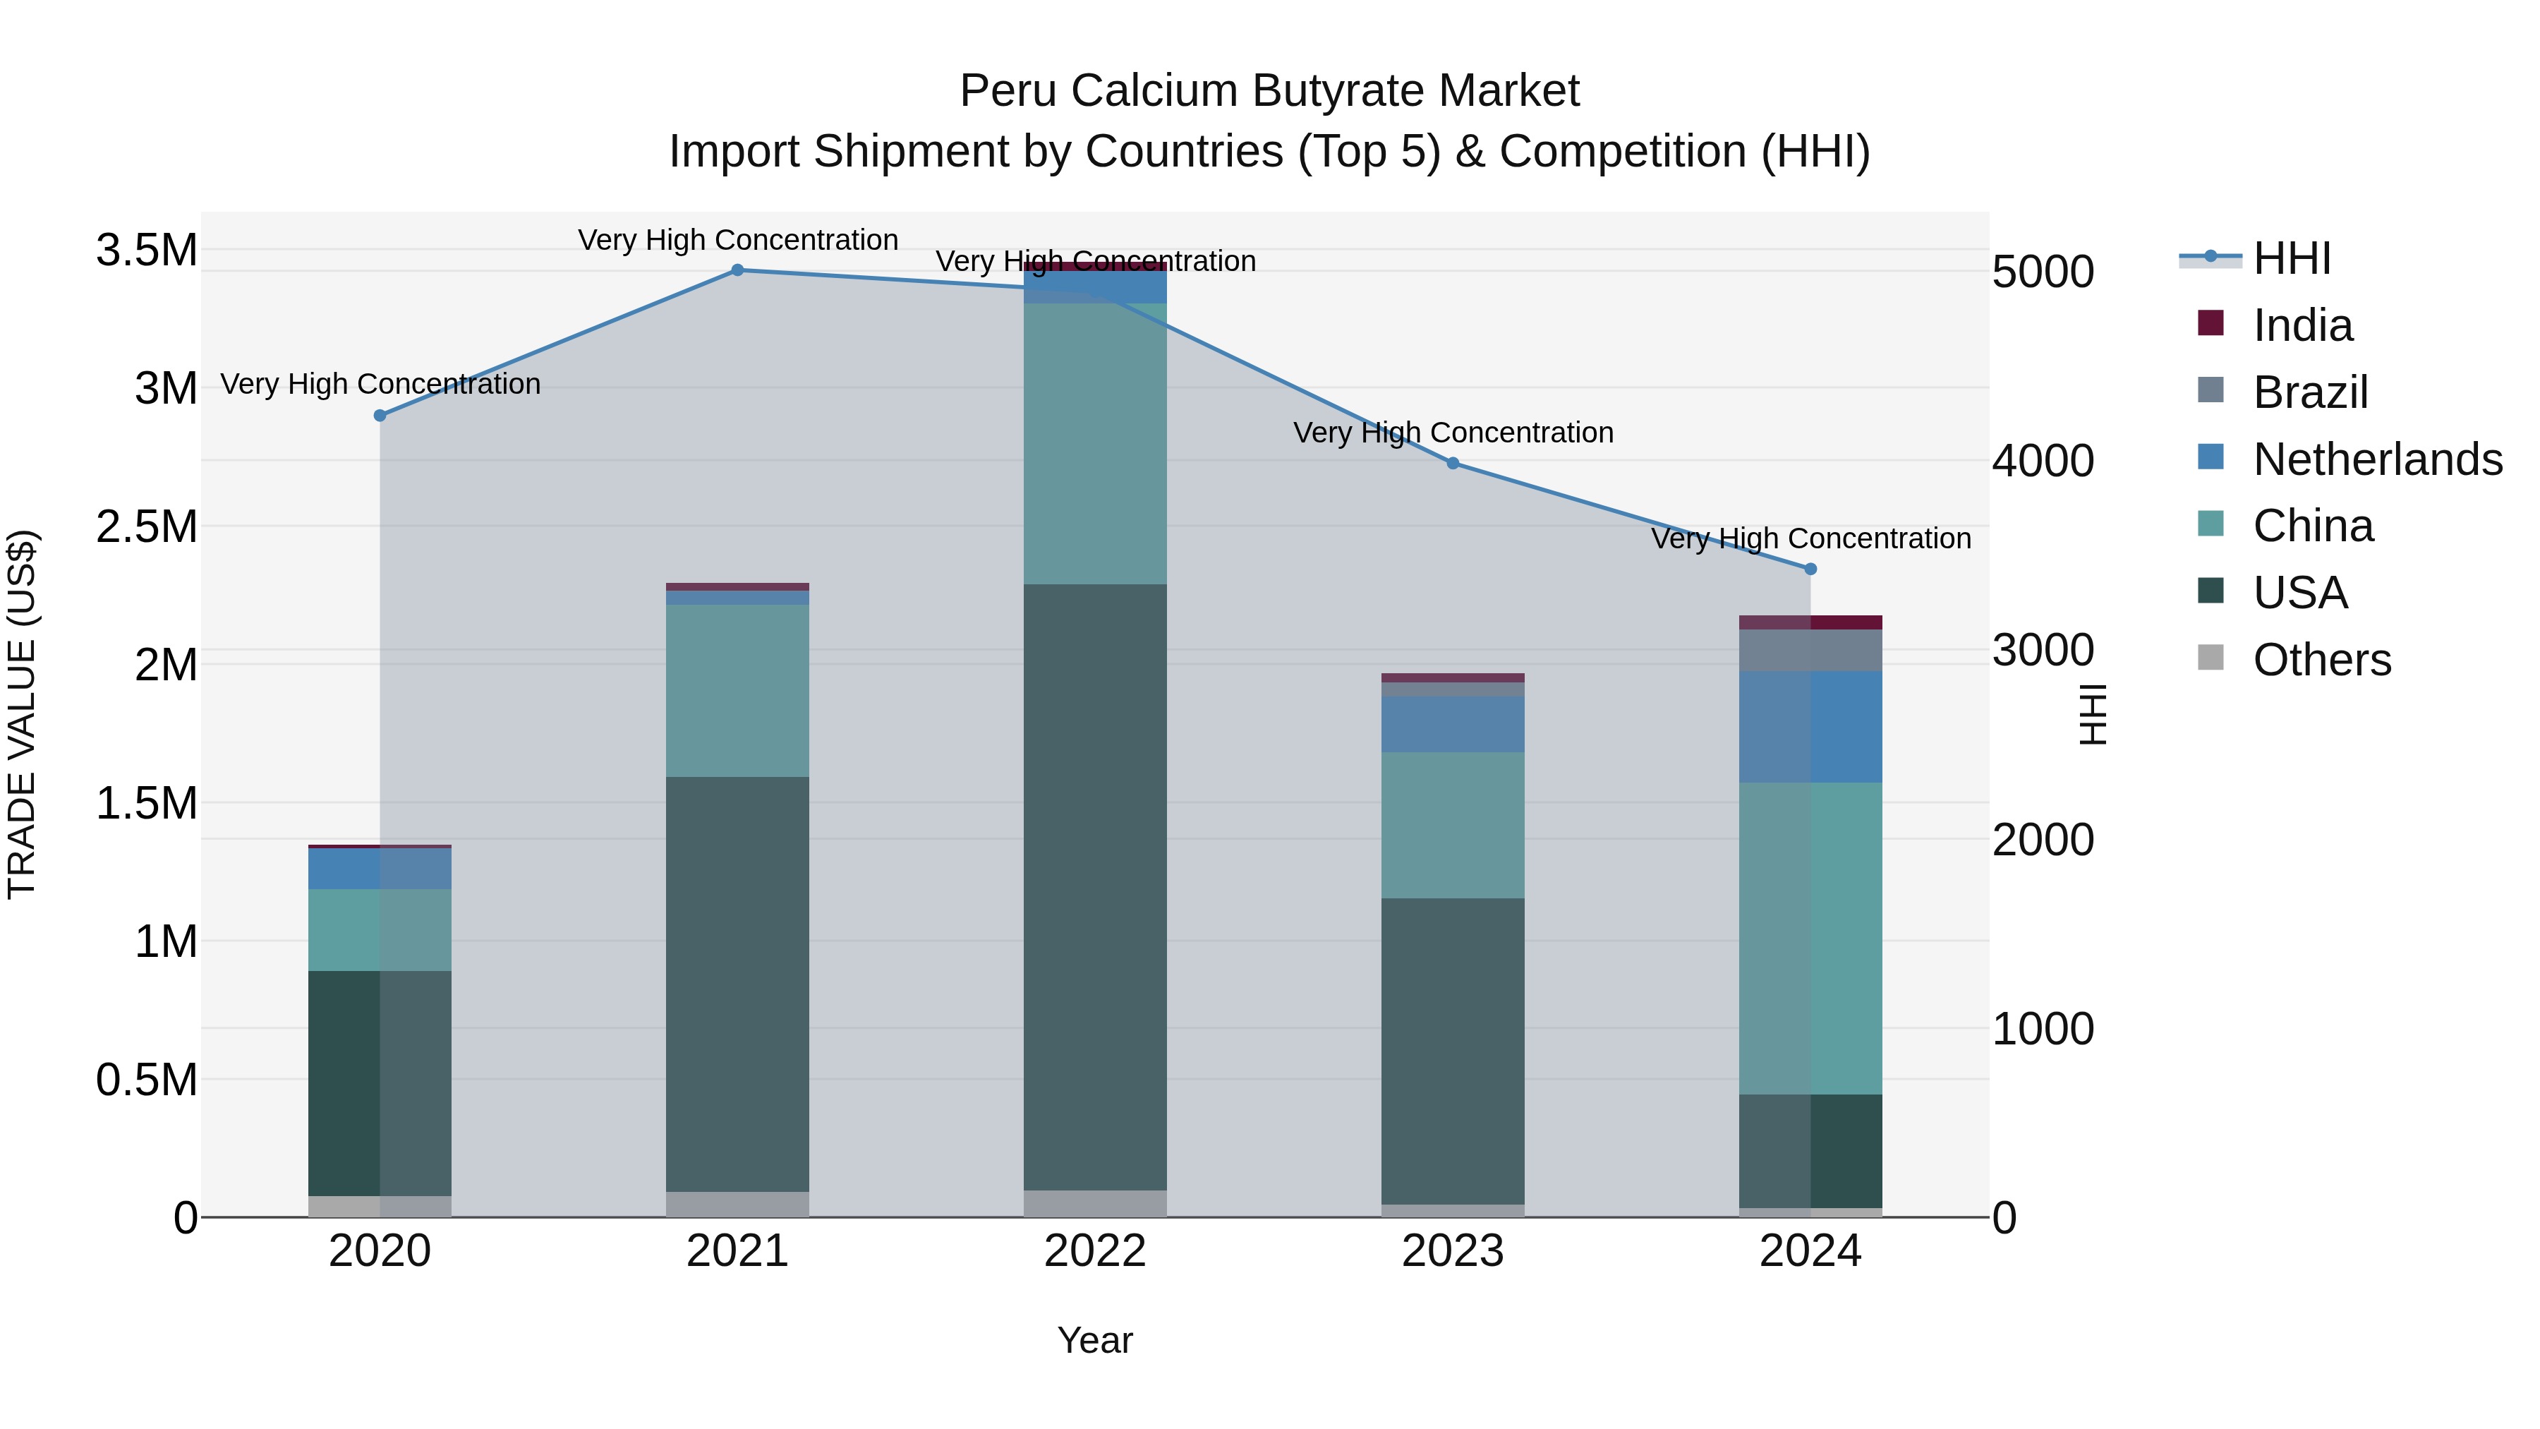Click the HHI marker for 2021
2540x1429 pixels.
click(737, 270)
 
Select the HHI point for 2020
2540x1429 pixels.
click(380, 415)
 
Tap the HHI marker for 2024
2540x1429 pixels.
click(1810, 569)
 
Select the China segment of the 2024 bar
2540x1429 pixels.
click(1810, 938)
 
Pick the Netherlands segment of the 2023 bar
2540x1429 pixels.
click(1453, 724)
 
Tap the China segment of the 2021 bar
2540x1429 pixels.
click(737, 690)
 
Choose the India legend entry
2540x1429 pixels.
click(2302, 325)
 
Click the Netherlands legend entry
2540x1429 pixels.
click(2377, 459)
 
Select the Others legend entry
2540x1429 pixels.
click(2322, 660)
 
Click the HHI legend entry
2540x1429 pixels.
click(2292, 258)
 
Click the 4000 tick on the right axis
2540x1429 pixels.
click(2043, 461)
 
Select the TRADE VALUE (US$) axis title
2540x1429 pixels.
click(22, 714)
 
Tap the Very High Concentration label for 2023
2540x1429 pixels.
click(1453, 433)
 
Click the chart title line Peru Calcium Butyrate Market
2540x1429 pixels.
click(1269, 91)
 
